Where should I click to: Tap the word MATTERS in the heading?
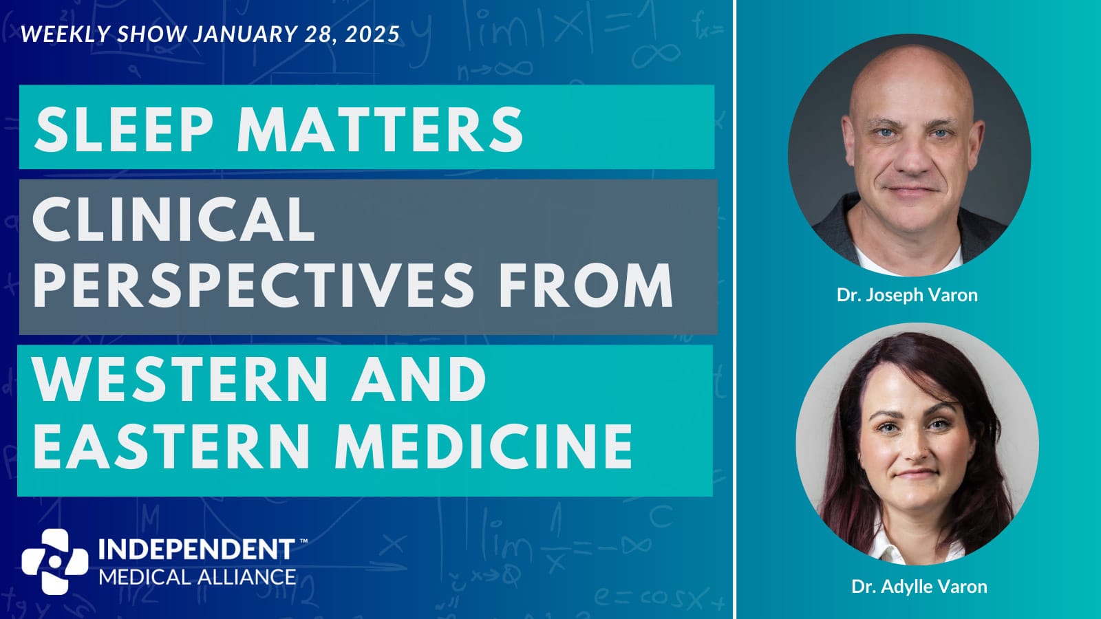(x=380, y=129)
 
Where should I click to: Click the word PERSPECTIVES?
(x=253, y=285)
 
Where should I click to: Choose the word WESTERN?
(x=180, y=379)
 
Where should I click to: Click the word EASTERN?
(x=171, y=446)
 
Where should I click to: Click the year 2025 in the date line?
(x=372, y=34)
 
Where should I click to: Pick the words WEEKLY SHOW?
(x=104, y=34)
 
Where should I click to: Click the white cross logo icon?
(x=55, y=561)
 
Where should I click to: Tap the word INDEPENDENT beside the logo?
(x=196, y=550)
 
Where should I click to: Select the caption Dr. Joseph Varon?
(x=908, y=295)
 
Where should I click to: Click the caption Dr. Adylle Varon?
(x=919, y=587)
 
